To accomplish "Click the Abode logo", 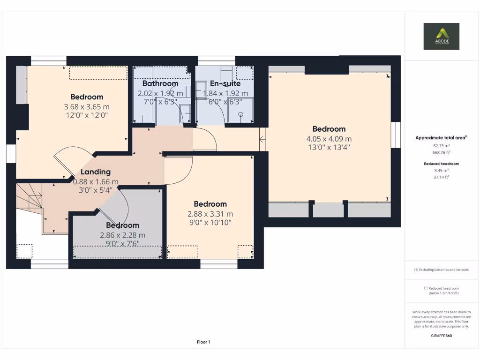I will (x=441, y=36).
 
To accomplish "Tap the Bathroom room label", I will (x=160, y=84).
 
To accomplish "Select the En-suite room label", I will (x=225, y=84).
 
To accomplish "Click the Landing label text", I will (x=96, y=172).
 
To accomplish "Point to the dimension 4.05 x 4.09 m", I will (x=329, y=139).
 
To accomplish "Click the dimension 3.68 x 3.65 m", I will (x=87, y=107).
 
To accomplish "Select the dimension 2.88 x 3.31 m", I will (x=210, y=214).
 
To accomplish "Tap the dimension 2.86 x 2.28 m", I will (x=122, y=235).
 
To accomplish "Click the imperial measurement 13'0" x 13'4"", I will (x=329, y=147).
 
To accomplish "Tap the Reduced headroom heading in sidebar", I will (x=441, y=164).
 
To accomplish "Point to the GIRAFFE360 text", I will (x=441, y=336).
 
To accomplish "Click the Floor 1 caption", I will (x=203, y=342).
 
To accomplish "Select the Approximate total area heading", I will (x=441, y=138).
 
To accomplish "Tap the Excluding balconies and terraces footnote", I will (x=441, y=270).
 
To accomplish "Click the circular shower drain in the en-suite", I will (x=241, y=114).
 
